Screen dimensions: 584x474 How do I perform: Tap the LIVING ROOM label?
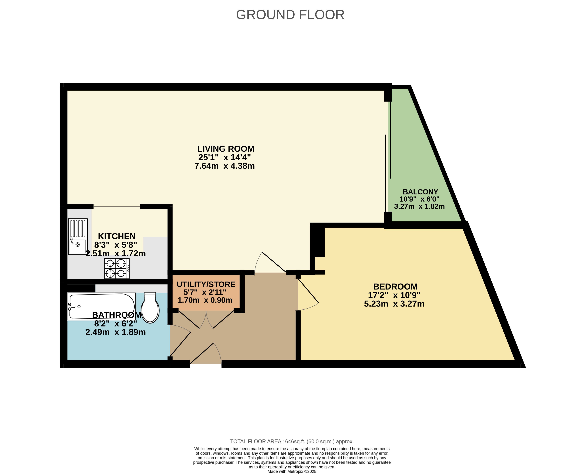[x=226, y=149]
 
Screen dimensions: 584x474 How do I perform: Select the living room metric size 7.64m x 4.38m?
[x=225, y=166]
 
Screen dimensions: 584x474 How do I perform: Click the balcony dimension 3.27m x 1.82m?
[x=419, y=206]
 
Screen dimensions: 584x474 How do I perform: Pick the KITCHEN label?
[x=117, y=236]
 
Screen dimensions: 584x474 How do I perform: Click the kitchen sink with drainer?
[x=78, y=237]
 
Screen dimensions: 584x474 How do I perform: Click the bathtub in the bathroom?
[x=101, y=306]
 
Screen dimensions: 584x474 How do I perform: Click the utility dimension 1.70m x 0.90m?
[x=205, y=300]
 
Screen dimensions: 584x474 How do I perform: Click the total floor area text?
[x=292, y=441]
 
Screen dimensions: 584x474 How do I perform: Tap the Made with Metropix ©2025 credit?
[x=292, y=472]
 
